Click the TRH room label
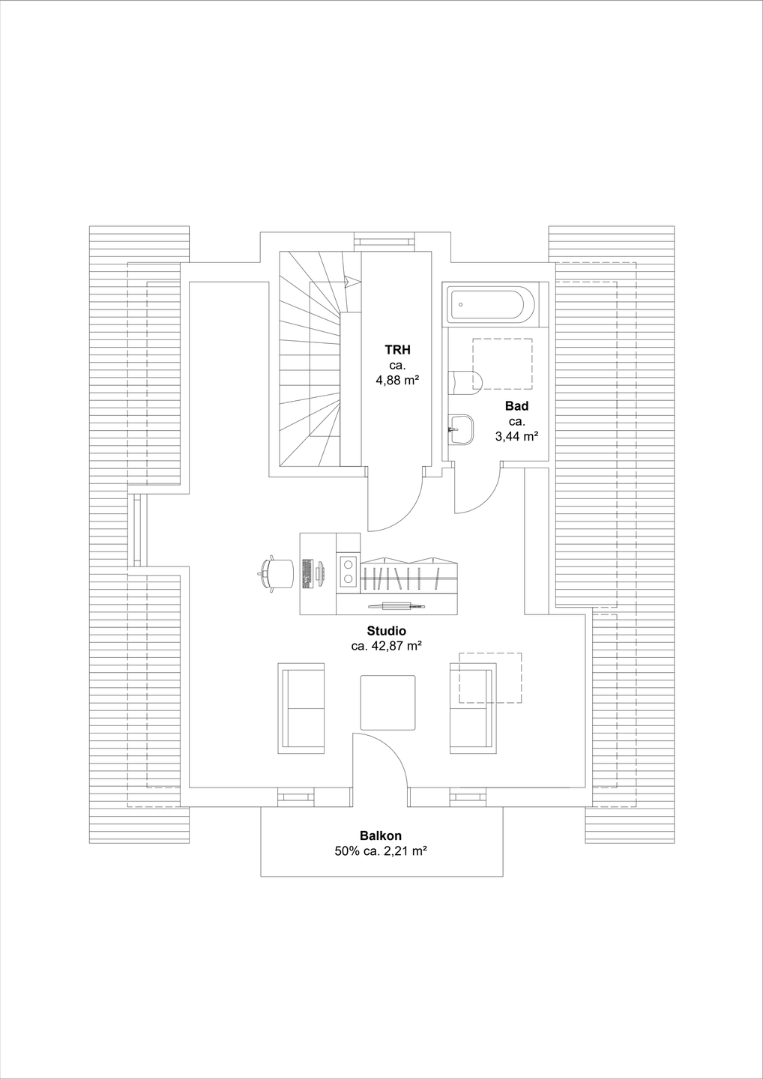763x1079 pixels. tap(397, 350)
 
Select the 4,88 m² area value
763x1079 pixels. tap(397, 380)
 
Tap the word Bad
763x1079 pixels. tap(516, 406)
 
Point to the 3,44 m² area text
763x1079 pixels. tap(517, 435)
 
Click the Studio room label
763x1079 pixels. tap(386, 631)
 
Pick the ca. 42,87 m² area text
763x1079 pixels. tap(386, 646)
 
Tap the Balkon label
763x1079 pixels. tap(381, 835)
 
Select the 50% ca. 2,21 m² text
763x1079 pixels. tap(381, 851)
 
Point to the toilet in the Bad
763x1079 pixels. tap(465, 382)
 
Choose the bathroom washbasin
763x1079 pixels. tap(461, 429)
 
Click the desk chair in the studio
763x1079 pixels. tap(277, 574)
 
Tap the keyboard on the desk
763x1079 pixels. tap(307, 574)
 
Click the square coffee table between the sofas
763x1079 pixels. tap(387, 702)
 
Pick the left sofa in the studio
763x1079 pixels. tap(301, 708)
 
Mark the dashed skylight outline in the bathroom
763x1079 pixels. tap(502, 363)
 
